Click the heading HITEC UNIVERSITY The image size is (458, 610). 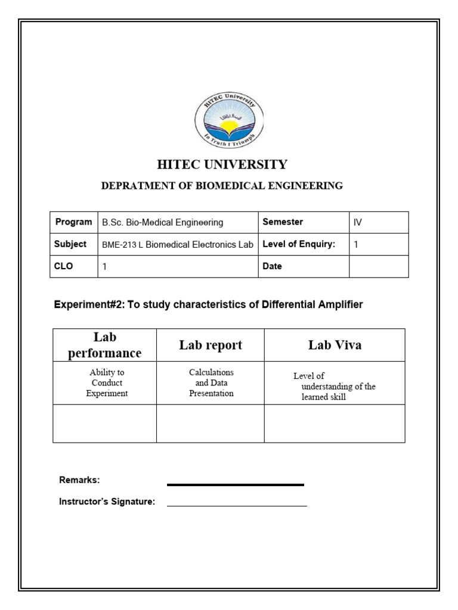click(x=222, y=164)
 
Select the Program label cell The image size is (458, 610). click(x=73, y=222)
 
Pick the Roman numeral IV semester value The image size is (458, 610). click(x=358, y=223)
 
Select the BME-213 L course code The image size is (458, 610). click(x=119, y=244)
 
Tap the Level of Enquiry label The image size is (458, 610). click(x=299, y=244)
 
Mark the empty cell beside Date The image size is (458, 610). click(x=379, y=266)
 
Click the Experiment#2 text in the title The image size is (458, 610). click(x=83, y=305)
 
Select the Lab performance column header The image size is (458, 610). click(x=105, y=346)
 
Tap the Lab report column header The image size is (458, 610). click(x=211, y=346)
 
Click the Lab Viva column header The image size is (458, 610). click(x=335, y=346)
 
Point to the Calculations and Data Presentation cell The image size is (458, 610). click(x=211, y=382)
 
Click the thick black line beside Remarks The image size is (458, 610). click(x=236, y=485)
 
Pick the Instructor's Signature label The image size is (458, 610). click(x=107, y=502)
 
